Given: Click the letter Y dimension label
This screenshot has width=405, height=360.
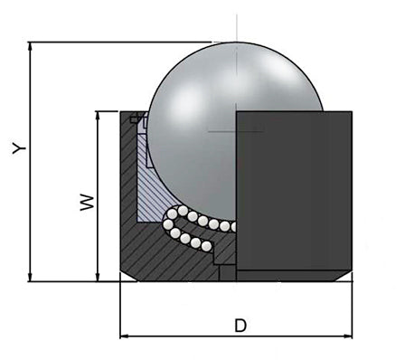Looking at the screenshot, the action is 19,147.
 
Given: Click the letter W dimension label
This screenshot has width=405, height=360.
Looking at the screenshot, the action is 88,202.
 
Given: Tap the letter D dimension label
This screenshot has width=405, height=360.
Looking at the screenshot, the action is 240,326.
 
